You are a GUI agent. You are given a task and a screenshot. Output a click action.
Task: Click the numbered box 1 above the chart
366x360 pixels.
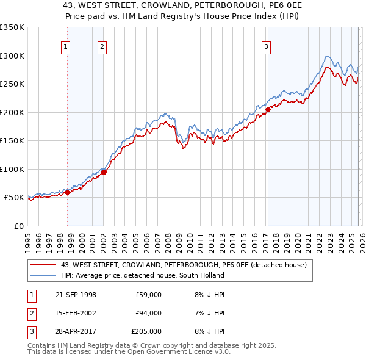[65, 47]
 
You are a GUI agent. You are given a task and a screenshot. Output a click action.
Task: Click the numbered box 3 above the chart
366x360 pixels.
[267, 47]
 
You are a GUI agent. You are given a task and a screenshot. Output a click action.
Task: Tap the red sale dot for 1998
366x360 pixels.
[68, 192]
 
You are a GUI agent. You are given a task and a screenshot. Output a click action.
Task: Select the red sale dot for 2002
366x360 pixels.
[104, 172]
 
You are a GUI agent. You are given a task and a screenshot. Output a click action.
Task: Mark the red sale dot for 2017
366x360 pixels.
[268, 109]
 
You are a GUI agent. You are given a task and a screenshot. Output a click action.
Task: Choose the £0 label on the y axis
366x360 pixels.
[18, 226]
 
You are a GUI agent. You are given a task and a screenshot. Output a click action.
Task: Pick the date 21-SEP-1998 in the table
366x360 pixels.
[76, 295]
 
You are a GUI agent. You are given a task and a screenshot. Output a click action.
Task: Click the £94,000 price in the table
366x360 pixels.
[148, 313]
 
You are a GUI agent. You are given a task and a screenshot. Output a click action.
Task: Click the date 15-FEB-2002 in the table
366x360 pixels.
[76, 313]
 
